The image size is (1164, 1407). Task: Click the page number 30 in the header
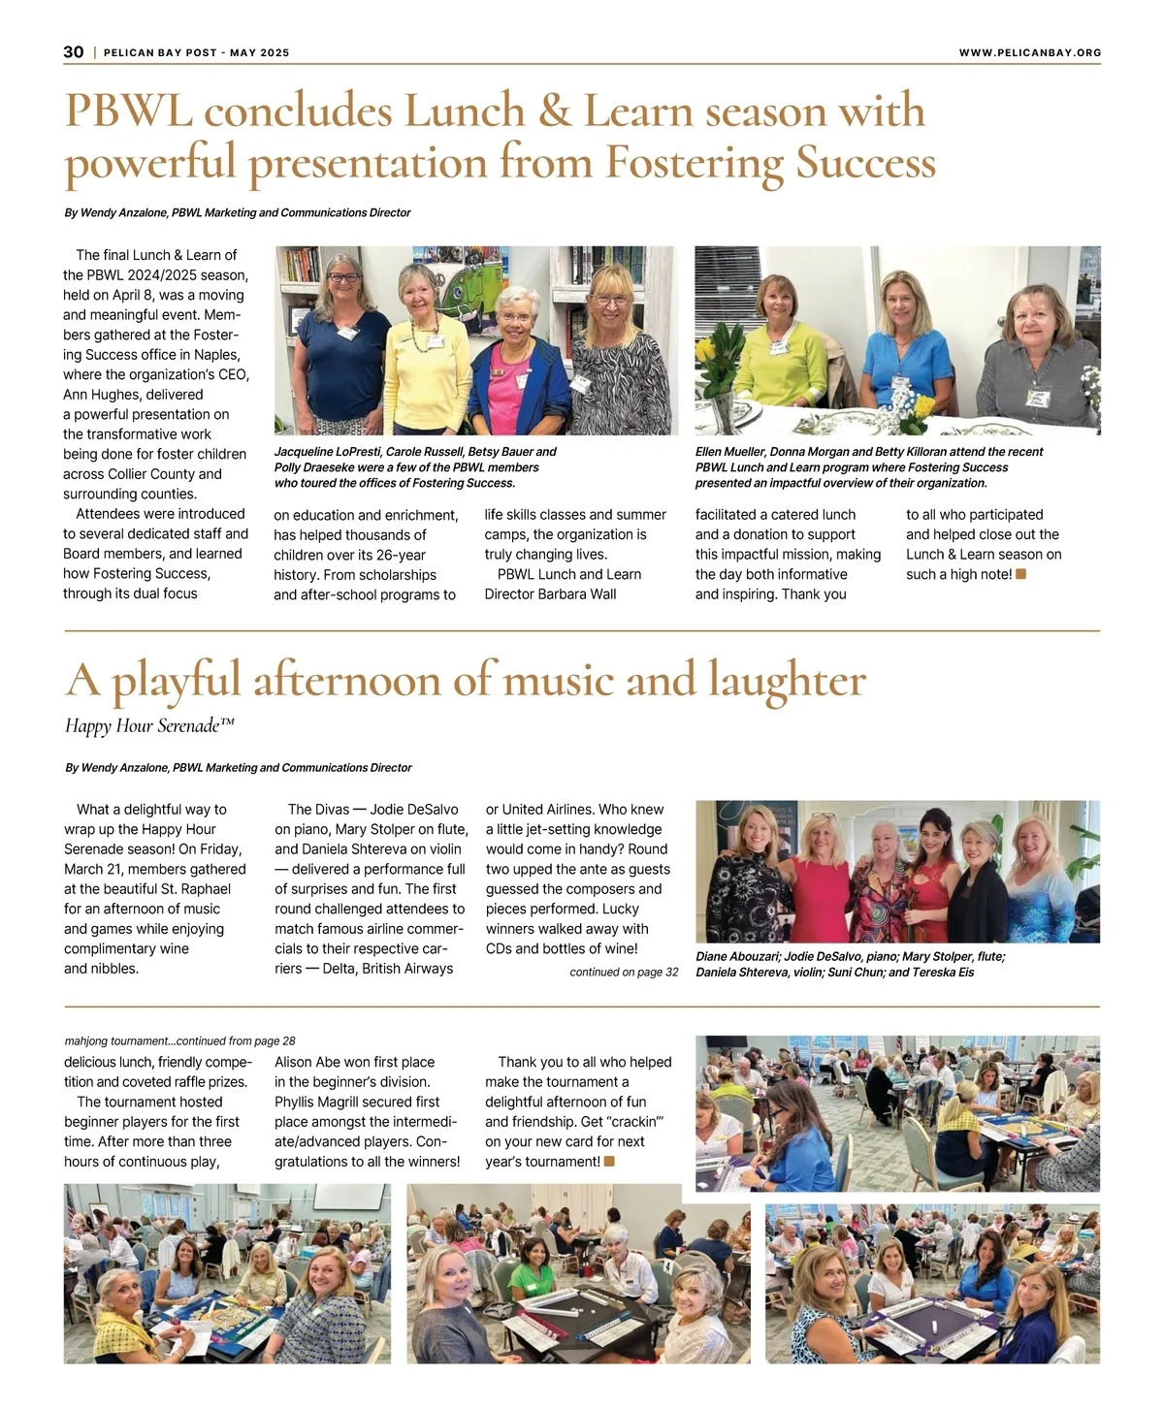(74, 52)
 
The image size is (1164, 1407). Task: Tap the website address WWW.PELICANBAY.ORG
(1029, 52)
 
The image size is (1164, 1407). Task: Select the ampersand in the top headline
(554, 112)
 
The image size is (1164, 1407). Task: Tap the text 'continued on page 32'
(624, 972)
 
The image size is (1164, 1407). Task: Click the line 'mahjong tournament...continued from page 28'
(179, 1040)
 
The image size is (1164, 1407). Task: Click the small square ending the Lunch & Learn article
(1020, 574)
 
